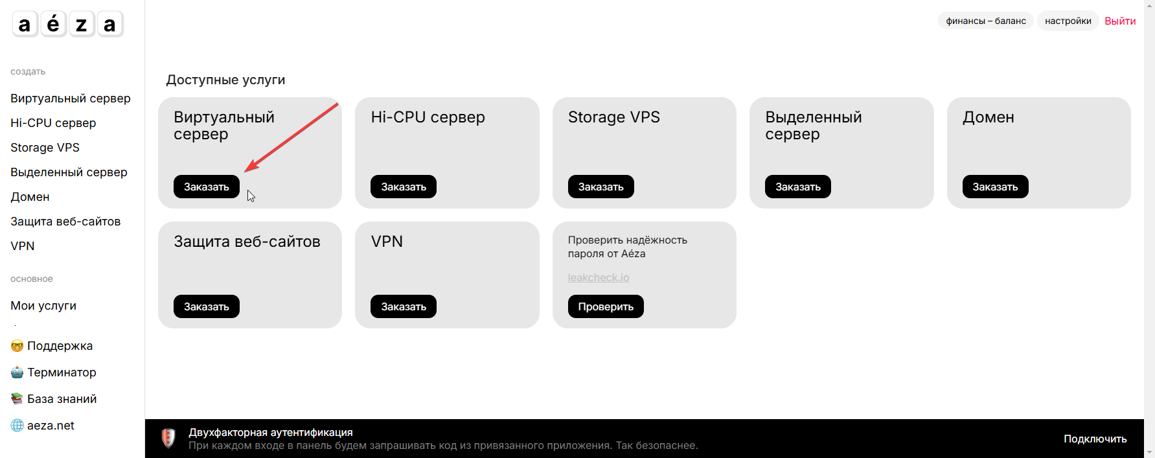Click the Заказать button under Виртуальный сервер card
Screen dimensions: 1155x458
(x=207, y=187)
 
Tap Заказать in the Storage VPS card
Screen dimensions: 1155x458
(x=601, y=187)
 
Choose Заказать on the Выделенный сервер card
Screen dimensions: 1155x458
(x=798, y=187)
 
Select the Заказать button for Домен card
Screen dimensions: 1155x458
(x=996, y=187)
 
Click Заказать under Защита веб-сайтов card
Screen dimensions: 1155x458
(x=207, y=306)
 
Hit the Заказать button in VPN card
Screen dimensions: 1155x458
(x=404, y=306)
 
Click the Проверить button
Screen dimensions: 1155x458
(x=606, y=306)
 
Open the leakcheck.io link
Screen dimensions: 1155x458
(x=599, y=277)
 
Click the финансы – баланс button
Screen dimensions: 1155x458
(x=986, y=21)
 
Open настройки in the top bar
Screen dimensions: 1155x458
(x=1068, y=21)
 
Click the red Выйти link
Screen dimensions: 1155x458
(x=1120, y=21)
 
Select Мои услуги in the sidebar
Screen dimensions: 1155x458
(x=43, y=306)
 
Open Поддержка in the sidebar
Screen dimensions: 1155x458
(x=52, y=346)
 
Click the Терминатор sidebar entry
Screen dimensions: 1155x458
(x=54, y=372)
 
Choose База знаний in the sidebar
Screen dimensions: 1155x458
(x=54, y=399)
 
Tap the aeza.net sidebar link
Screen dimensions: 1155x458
(x=43, y=426)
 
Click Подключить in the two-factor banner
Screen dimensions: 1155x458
(x=1095, y=439)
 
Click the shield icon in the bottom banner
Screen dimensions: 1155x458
(x=168, y=439)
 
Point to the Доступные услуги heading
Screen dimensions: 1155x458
(x=225, y=80)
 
